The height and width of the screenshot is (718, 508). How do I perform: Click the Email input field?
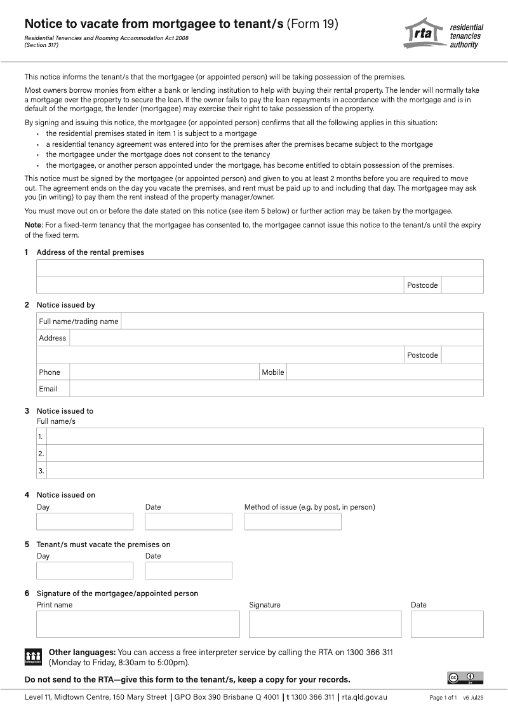(276, 389)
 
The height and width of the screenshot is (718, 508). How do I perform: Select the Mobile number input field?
(385, 372)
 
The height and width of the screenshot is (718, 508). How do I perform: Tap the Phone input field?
(164, 372)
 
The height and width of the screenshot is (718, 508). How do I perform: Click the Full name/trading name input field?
(302, 322)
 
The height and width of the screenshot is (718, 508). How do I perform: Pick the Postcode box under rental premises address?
(462, 285)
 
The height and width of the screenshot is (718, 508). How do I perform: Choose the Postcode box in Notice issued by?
(462, 355)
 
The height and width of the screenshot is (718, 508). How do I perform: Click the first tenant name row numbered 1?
(265, 437)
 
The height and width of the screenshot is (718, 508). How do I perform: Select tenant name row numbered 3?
(265, 471)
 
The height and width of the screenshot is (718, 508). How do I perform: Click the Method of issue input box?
(293, 522)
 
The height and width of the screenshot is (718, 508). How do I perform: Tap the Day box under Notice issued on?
(85, 522)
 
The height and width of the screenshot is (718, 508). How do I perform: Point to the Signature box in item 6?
(325, 624)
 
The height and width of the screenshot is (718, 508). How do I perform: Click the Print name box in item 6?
(138, 624)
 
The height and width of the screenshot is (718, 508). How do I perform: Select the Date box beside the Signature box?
(447, 624)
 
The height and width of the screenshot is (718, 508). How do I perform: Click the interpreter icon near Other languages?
(33, 657)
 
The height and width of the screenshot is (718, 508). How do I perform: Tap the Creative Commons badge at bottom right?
(465, 678)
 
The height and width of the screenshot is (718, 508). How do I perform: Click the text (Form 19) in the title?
(312, 24)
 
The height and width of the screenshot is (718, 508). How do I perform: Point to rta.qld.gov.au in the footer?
(364, 697)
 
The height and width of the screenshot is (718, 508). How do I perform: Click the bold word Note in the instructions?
(32, 225)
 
